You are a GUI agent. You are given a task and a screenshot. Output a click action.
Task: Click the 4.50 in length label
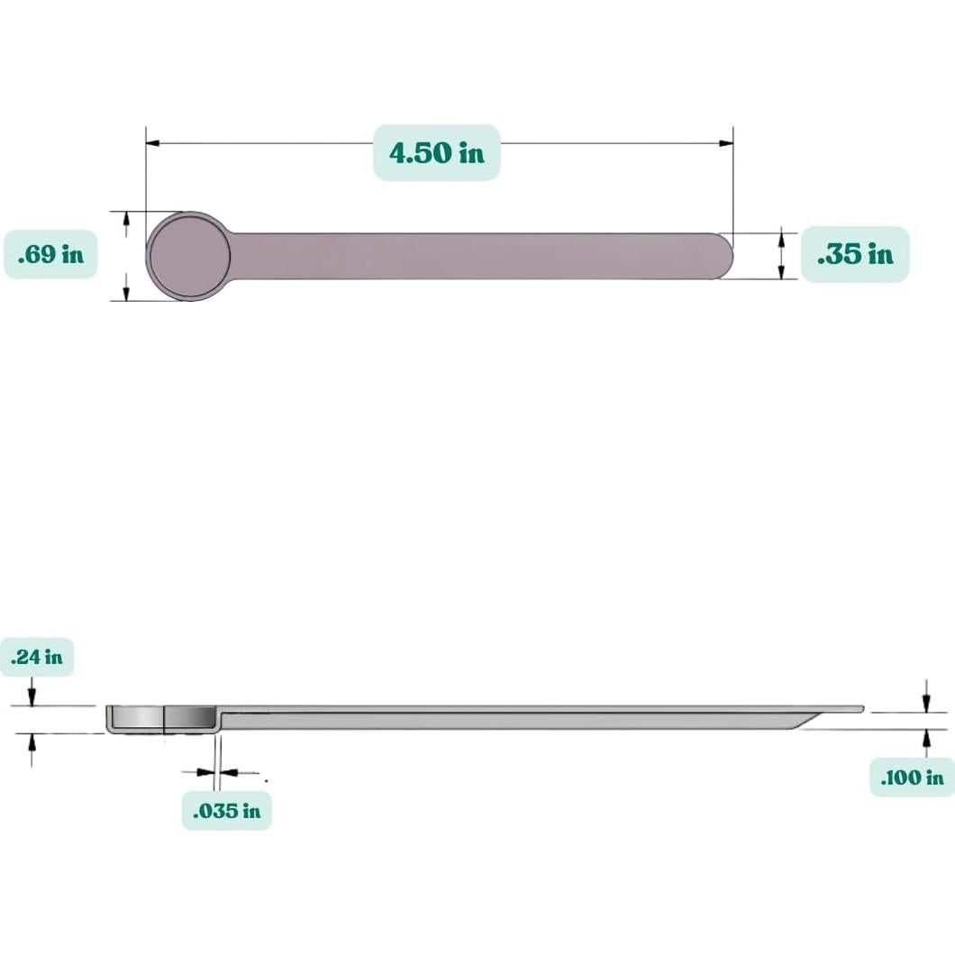[x=437, y=152]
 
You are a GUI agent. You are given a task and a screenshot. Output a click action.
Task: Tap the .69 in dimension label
[x=50, y=254]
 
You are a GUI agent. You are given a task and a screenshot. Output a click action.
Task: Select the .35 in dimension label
[x=855, y=254]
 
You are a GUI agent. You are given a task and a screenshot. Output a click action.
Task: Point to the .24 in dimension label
[x=37, y=657]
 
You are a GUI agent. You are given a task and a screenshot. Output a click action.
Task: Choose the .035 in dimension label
[x=227, y=811]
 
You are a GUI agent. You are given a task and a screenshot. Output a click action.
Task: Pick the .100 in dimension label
[x=912, y=777]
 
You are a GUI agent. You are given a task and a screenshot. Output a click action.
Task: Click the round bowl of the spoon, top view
[x=189, y=256]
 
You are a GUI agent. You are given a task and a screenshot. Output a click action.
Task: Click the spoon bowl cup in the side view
[x=162, y=718]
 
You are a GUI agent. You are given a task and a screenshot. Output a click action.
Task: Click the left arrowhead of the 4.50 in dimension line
[x=153, y=142]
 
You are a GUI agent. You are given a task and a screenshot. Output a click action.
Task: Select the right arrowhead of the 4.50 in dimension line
[x=726, y=142]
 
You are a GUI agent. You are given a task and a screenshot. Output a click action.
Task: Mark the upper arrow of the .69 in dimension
[x=126, y=219]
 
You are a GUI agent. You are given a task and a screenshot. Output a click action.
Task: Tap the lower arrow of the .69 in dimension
[x=126, y=293]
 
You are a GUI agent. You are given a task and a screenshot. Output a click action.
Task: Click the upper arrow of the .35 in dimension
[x=782, y=239]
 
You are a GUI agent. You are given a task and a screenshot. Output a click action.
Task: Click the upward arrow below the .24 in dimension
[x=32, y=742]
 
